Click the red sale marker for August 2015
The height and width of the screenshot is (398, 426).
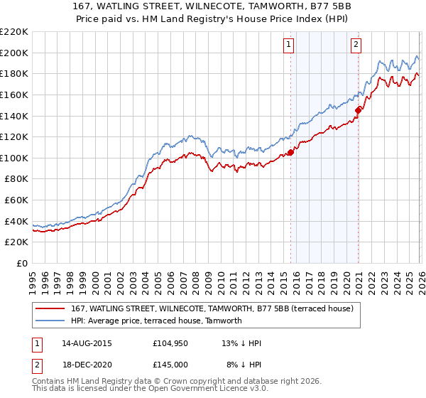click(x=290, y=152)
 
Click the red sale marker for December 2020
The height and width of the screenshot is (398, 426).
click(x=359, y=110)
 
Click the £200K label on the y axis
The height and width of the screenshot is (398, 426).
click(x=14, y=53)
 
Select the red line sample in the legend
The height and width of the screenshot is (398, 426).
click(x=50, y=308)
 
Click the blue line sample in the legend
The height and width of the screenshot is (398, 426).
click(x=50, y=321)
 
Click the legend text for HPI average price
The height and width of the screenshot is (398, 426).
click(x=156, y=321)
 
